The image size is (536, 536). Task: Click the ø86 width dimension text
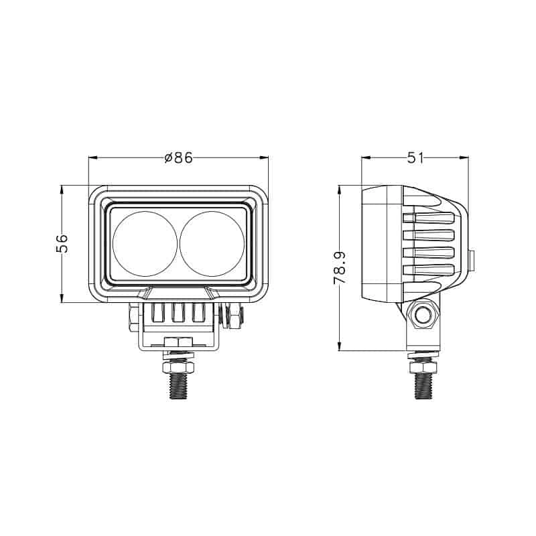(x=178, y=158)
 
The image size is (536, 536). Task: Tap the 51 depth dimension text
(x=415, y=158)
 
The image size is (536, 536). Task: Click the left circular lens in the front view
(x=145, y=243)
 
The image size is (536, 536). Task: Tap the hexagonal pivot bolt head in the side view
(x=423, y=314)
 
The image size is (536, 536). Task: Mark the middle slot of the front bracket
(x=178, y=313)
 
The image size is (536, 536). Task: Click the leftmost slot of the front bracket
(x=159, y=313)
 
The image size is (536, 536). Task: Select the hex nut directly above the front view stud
(x=178, y=368)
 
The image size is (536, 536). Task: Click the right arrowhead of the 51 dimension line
(x=464, y=158)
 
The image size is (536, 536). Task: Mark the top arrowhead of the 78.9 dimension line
(x=340, y=188)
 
